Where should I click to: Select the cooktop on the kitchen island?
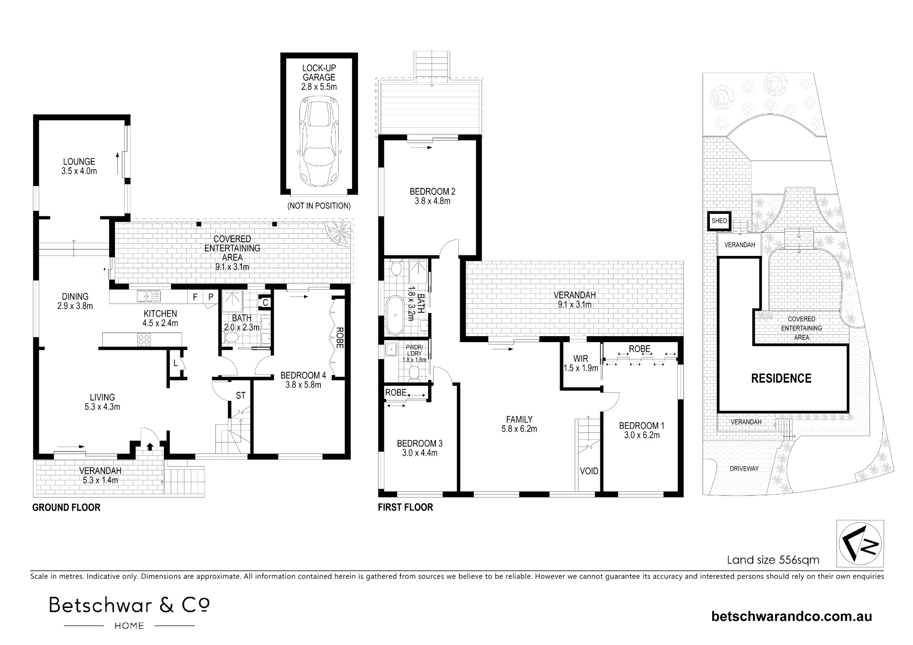[144, 339]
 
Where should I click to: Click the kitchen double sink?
[149, 296]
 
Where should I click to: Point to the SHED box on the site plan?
[719, 221]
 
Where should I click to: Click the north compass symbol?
[860, 543]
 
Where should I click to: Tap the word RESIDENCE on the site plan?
[781, 378]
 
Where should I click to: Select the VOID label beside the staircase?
[589, 471]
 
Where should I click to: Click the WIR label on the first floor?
[581, 359]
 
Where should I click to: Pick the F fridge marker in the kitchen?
[195, 297]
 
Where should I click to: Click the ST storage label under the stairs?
[241, 395]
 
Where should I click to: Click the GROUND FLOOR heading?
[66, 507]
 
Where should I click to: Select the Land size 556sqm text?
[773, 560]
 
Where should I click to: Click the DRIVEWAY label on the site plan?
[744, 468]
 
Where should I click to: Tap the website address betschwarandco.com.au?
[792, 617]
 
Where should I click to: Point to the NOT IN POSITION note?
[319, 206]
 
